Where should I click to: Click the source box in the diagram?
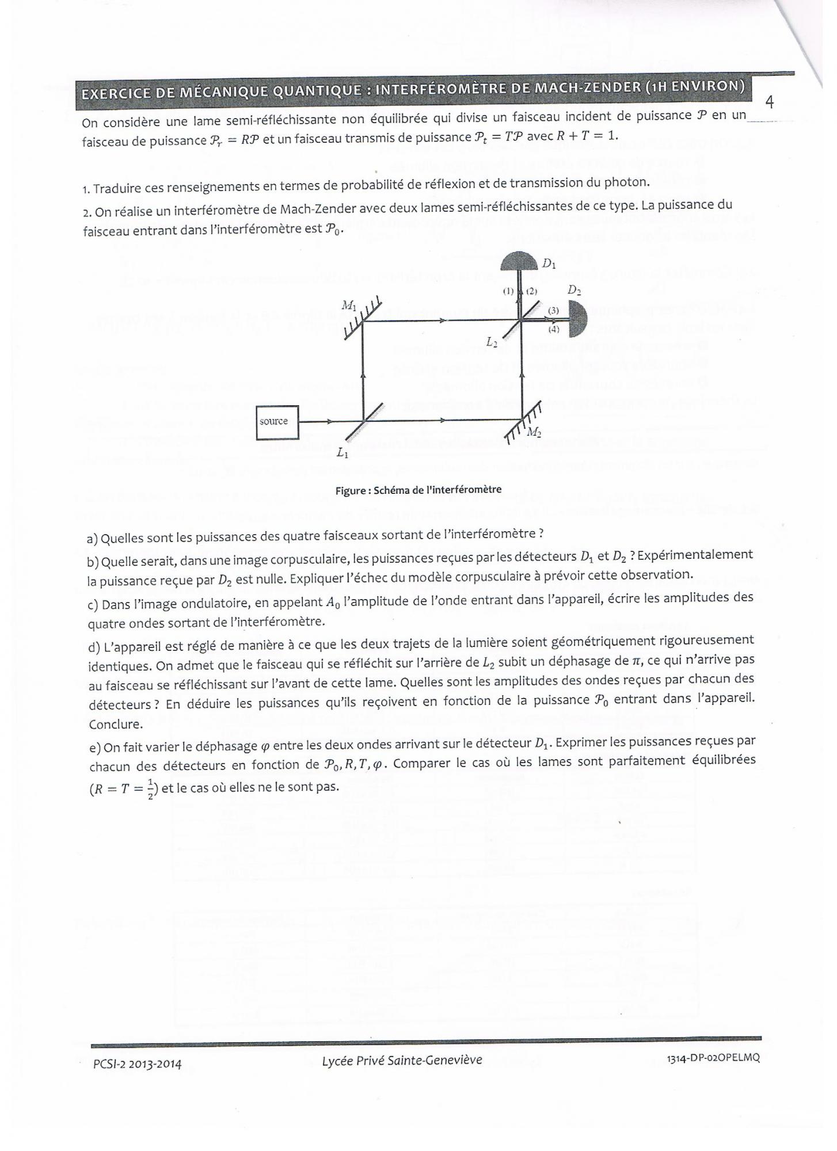[x=277, y=422]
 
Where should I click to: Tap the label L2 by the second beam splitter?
[x=491, y=342]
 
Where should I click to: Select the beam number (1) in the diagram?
[x=508, y=291]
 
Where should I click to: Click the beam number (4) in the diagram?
[x=554, y=329]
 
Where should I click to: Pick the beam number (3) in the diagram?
[x=553, y=310]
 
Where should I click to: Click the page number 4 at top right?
[x=770, y=102]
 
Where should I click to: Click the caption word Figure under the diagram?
[x=352, y=490]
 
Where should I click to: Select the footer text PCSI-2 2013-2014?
[x=137, y=1064]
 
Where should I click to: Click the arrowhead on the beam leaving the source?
[x=329, y=421]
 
